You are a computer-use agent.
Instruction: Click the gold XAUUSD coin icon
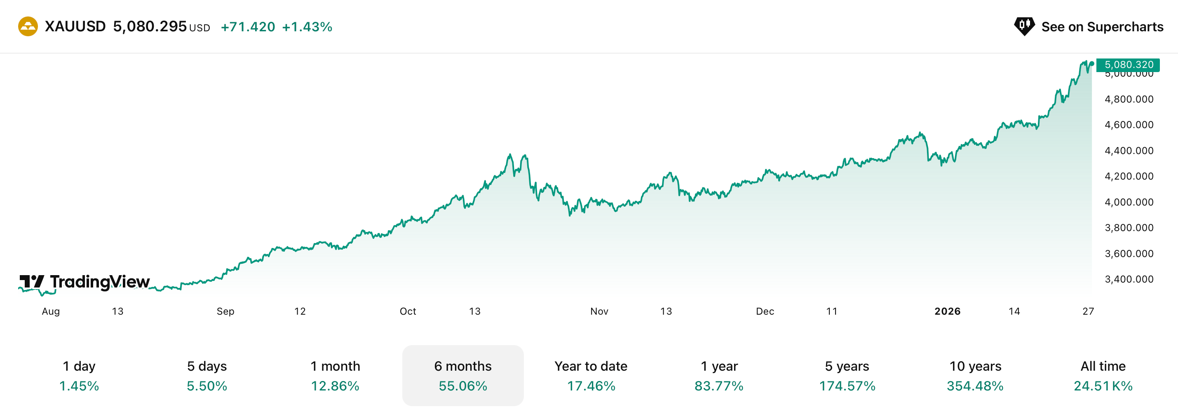point(28,26)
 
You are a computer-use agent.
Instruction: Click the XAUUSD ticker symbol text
point(75,26)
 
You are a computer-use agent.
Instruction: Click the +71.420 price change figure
point(248,27)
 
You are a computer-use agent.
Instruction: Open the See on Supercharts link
point(1089,26)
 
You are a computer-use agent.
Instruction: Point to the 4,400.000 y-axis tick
point(1129,150)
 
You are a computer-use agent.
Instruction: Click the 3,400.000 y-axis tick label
point(1129,279)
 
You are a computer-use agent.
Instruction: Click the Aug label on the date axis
point(51,311)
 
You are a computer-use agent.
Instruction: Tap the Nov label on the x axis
point(599,311)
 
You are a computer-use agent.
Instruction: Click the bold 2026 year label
point(947,311)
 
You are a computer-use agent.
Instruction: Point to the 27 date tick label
point(1088,311)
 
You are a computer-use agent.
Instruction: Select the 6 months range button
point(463,375)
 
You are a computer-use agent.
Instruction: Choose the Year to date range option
point(591,375)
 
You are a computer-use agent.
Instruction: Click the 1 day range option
point(79,375)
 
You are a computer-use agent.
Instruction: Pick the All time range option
point(1103,375)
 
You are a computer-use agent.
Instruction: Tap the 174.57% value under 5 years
point(847,386)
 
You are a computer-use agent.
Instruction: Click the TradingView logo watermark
point(84,282)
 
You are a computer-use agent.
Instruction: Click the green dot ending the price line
point(1091,64)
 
